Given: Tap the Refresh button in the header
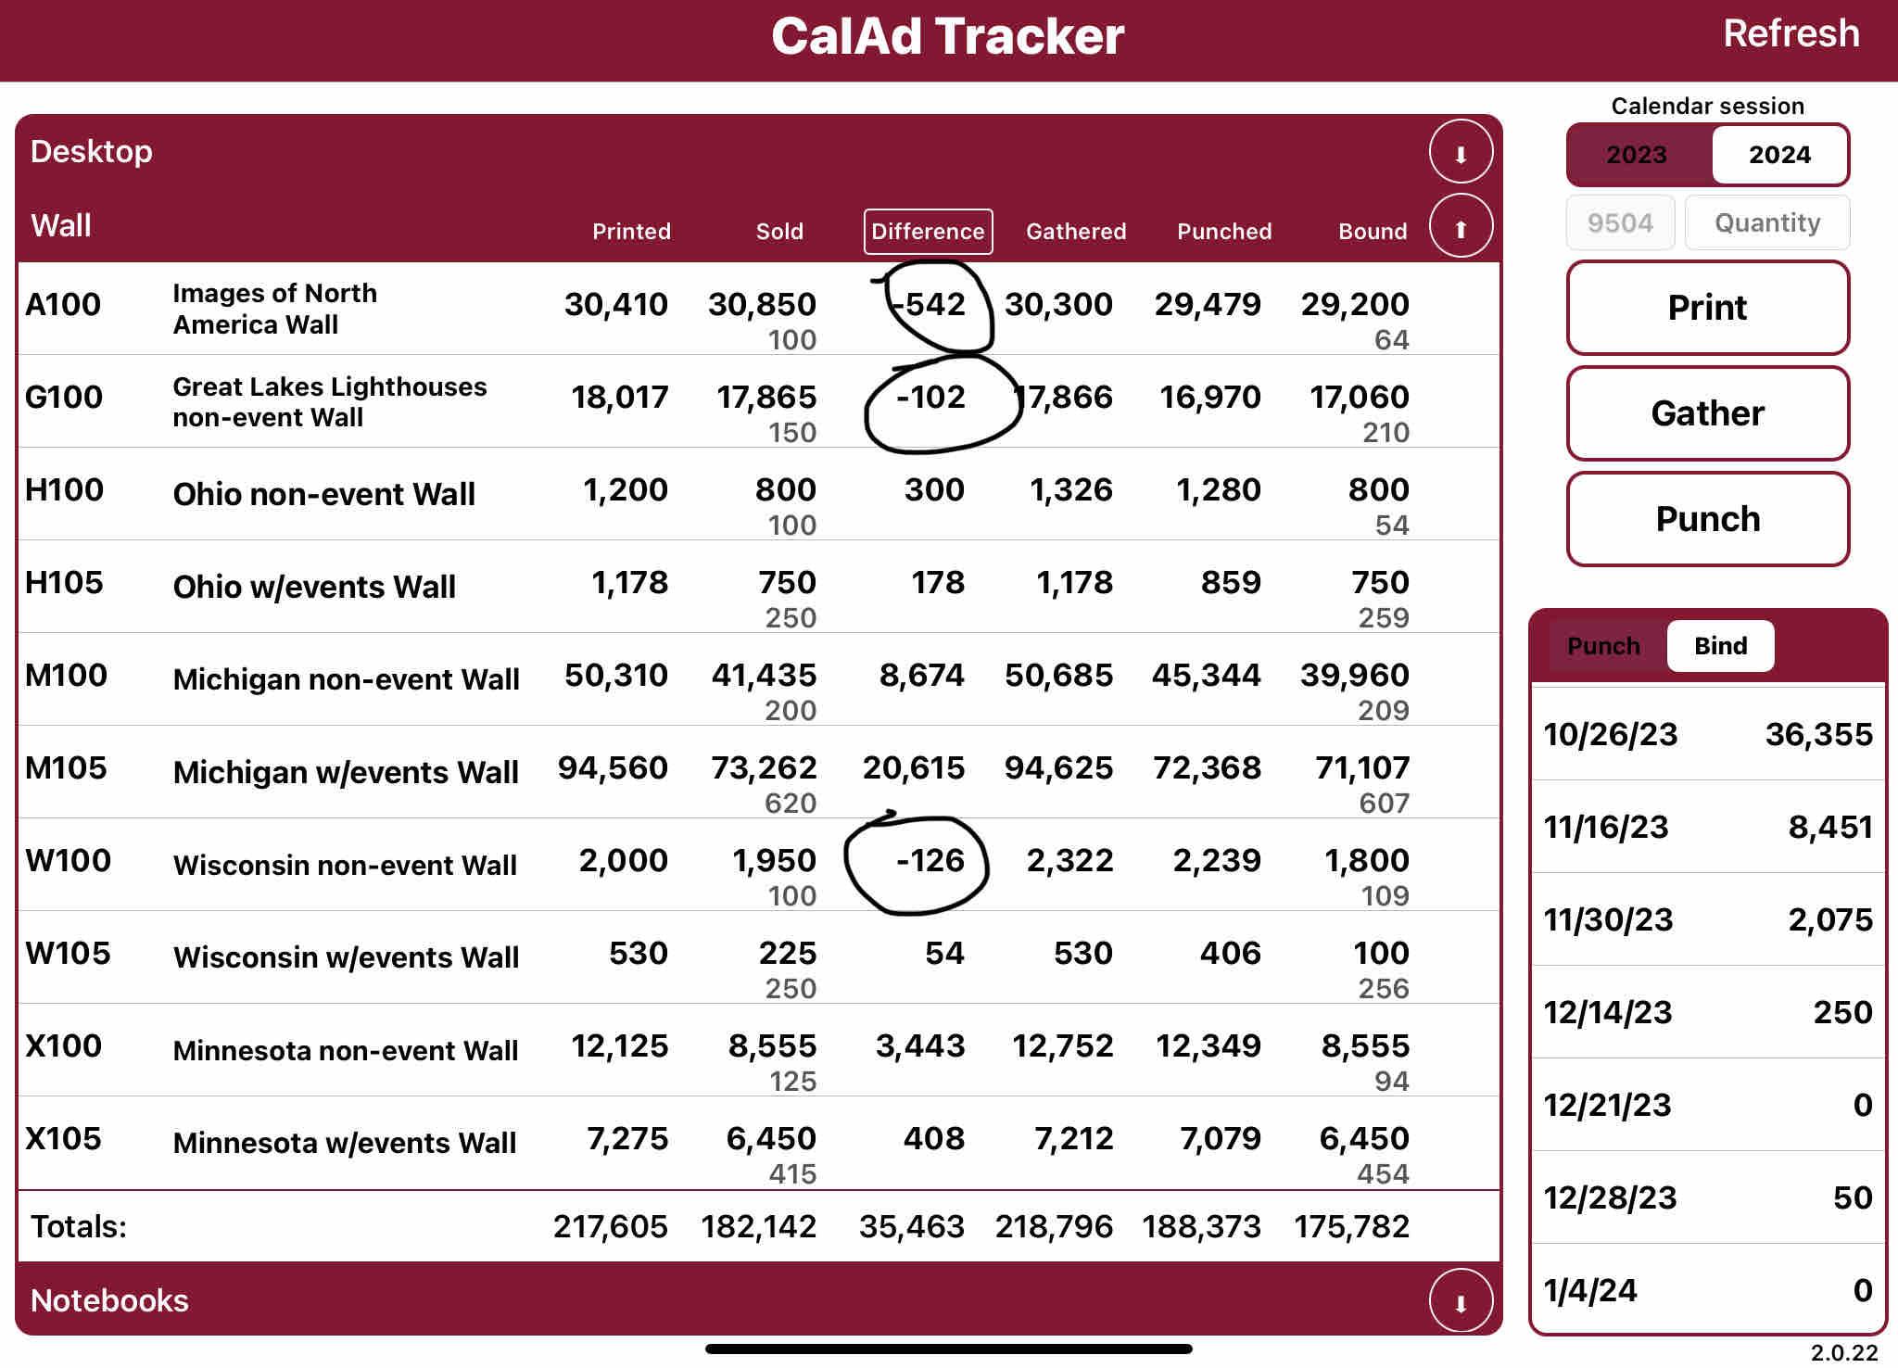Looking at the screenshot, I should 1790,34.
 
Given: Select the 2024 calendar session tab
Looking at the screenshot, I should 1779,155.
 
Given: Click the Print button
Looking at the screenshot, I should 1707,308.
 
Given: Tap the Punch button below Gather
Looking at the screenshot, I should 1707,519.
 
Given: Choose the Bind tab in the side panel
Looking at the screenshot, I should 1720,646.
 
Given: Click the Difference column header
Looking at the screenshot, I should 928,232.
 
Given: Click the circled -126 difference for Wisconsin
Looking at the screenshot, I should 930,861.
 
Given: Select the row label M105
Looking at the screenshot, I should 66,768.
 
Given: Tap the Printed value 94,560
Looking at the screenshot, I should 613,768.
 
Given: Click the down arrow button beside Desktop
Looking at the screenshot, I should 1460,153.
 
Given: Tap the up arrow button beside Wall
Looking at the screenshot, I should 1460,228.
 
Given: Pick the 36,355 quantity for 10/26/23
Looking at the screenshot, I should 1818,735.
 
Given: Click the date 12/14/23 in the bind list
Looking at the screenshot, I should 1608,1013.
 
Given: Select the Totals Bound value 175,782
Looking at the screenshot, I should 1351,1227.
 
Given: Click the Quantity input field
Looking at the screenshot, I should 1766,223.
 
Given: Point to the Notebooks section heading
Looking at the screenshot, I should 109,1301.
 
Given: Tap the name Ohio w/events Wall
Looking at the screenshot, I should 314,588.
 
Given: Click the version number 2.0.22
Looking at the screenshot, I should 1843,1353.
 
